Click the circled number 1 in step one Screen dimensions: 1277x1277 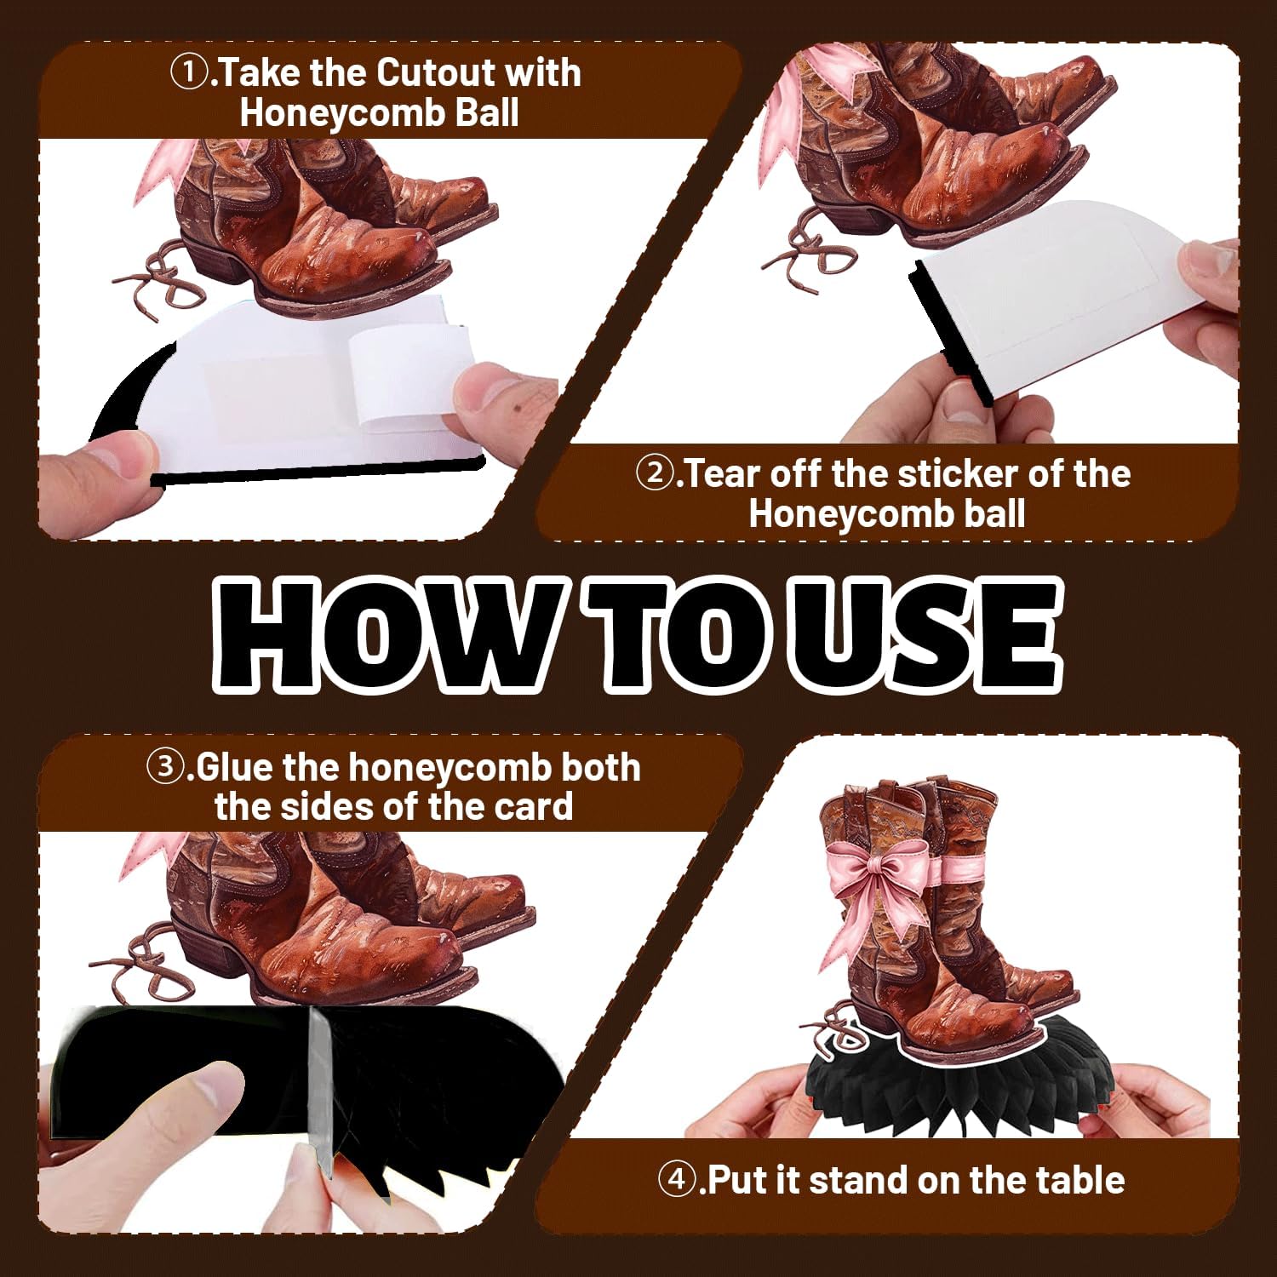click(186, 73)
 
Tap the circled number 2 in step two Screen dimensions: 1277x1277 click(653, 473)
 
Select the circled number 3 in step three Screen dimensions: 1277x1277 click(163, 767)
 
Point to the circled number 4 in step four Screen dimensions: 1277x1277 click(675, 1181)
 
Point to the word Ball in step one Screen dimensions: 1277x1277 click(487, 113)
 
